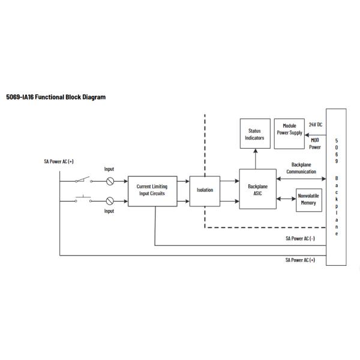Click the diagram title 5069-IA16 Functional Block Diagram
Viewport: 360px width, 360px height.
pos(56,97)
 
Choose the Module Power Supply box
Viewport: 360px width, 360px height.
pos(289,130)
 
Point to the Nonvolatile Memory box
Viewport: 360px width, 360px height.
pos(307,200)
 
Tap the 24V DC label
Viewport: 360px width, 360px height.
pos(316,124)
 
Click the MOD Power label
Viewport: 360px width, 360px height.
pos(315,143)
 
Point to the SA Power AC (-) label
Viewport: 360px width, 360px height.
pos(301,238)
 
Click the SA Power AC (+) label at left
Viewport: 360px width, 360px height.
pos(58,161)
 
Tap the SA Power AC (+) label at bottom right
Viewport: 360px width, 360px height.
pos(301,260)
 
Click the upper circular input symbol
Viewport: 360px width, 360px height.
pos(110,181)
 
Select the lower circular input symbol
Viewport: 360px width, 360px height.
pos(110,200)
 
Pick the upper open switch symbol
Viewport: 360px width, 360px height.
pos(83,179)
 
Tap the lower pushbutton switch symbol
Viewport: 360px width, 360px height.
pos(83,199)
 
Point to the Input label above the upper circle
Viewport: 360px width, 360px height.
pos(109,170)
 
